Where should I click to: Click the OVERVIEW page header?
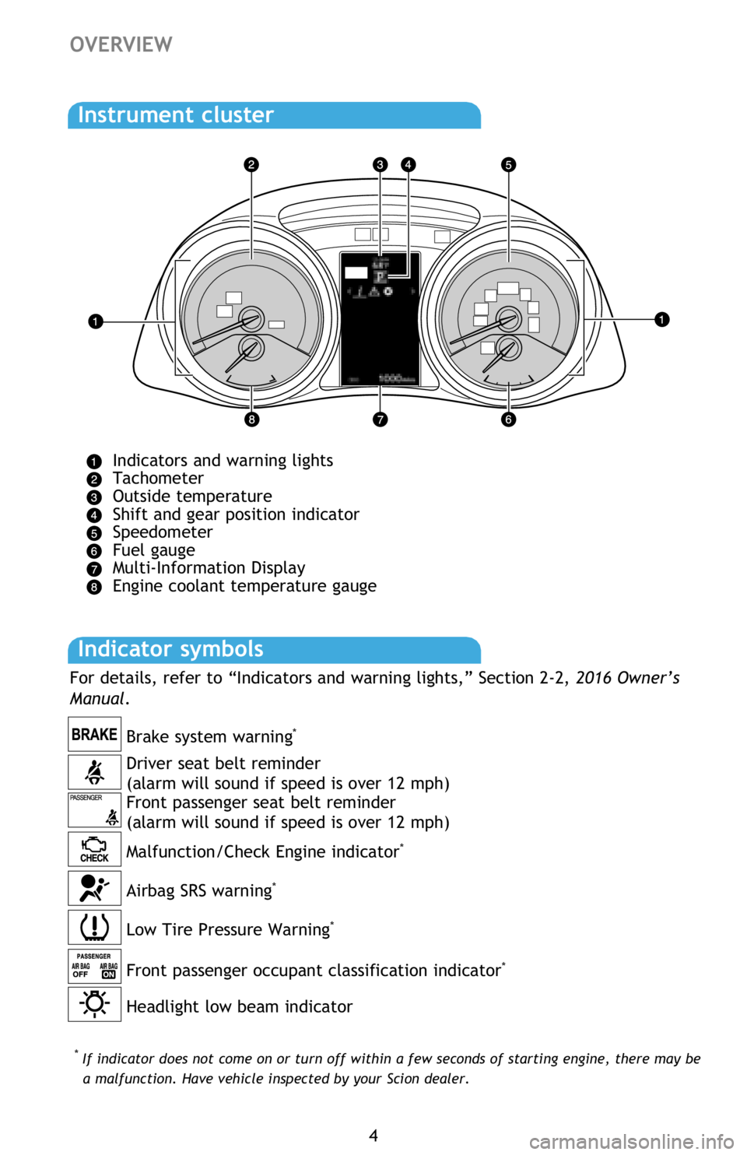point(121,44)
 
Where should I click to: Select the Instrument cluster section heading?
point(176,115)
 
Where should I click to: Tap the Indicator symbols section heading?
point(170,649)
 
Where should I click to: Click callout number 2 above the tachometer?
point(251,164)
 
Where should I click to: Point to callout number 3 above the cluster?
point(380,164)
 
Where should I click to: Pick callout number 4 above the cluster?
point(408,164)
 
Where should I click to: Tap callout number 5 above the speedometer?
point(508,164)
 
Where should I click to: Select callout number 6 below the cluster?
point(508,420)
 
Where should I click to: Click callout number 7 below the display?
point(380,420)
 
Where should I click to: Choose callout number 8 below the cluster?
point(251,420)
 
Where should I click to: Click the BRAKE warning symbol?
point(94,734)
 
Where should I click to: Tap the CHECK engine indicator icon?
point(94,849)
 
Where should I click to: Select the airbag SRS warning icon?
point(94,888)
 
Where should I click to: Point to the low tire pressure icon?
point(94,927)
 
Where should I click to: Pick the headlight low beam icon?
point(94,1004)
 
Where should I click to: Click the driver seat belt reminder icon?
point(94,772)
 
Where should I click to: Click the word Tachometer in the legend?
point(158,479)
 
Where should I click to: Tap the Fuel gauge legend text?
point(154,550)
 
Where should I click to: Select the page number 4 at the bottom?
point(373,1136)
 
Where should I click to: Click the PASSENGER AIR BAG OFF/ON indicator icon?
point(94,966)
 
